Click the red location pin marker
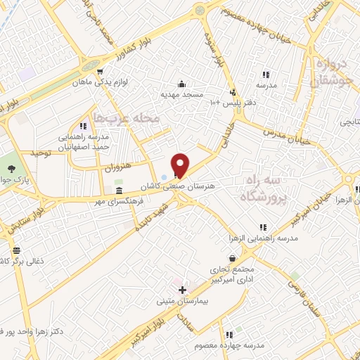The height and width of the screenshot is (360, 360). [181, 165]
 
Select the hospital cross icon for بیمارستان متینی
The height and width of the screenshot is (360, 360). [182, 290]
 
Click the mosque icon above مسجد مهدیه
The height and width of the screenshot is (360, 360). [182, 82]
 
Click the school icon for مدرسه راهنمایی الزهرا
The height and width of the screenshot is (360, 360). [263, 227]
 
